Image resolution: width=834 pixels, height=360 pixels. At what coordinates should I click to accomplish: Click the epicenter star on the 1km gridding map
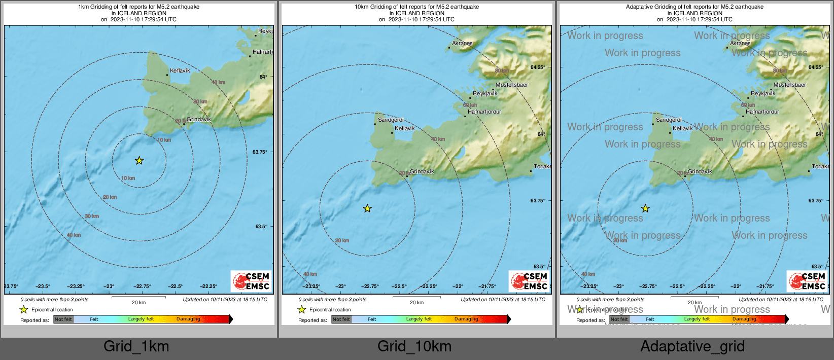pos(139,161)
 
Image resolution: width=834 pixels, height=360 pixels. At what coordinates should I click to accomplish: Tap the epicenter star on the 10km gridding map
pos(367,208)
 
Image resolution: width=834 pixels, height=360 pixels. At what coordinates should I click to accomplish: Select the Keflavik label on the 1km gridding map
pos(180,71)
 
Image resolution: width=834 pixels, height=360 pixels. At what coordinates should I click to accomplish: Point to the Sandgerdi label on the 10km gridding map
pos(391,120)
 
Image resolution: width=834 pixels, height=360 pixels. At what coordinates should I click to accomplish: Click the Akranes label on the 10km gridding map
pos(462,44)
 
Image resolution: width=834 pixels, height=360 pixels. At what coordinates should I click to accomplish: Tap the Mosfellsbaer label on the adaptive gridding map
pos(790,85)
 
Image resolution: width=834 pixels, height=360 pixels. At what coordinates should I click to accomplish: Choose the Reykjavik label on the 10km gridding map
pos(485,94)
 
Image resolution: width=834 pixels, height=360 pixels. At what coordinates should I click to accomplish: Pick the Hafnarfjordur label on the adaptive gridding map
pos(762,112)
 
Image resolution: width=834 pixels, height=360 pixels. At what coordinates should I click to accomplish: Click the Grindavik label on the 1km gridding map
pos(199,120)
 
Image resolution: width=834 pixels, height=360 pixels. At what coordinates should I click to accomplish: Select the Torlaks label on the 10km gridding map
pos(542,167)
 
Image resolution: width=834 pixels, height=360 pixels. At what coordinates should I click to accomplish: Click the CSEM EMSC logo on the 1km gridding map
pos(251,281)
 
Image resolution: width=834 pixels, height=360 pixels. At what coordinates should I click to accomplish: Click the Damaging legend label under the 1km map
pos(188,319)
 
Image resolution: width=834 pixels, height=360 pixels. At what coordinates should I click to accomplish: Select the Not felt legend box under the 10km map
pos(341,319)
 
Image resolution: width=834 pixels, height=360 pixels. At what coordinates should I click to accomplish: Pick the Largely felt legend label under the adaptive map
pos(697,319)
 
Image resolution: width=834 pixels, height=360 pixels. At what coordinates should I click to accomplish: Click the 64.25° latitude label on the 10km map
pos(538,67)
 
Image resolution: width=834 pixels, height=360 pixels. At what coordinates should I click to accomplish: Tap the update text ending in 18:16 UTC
pos(781,300)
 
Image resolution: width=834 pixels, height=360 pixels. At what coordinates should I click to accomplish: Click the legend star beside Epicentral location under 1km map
pos(24,310)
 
